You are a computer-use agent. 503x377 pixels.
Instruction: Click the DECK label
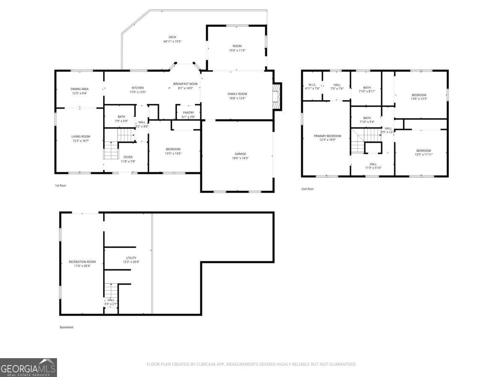point(172,37)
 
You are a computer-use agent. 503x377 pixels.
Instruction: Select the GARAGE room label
point(240,154)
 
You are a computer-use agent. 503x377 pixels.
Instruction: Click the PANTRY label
point(188,112)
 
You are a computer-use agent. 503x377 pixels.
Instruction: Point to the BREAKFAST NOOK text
point(185,84)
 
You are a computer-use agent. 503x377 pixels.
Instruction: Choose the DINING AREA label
point(79,89)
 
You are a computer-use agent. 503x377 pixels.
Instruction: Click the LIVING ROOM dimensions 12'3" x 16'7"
point(80,141)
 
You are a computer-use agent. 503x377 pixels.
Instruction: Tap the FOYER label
point(128,157)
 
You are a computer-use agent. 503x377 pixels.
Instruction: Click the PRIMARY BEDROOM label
point(327,136)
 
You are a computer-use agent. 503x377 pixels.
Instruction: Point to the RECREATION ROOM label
point(82,262)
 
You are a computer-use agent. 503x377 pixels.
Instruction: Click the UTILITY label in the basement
point(131,258)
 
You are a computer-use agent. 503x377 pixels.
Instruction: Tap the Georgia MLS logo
point(29,367)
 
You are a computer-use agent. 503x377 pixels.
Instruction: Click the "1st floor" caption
point(60,185)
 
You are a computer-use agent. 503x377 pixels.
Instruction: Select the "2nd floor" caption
point(307,189)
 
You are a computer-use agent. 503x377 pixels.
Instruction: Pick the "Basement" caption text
point(66,327)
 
